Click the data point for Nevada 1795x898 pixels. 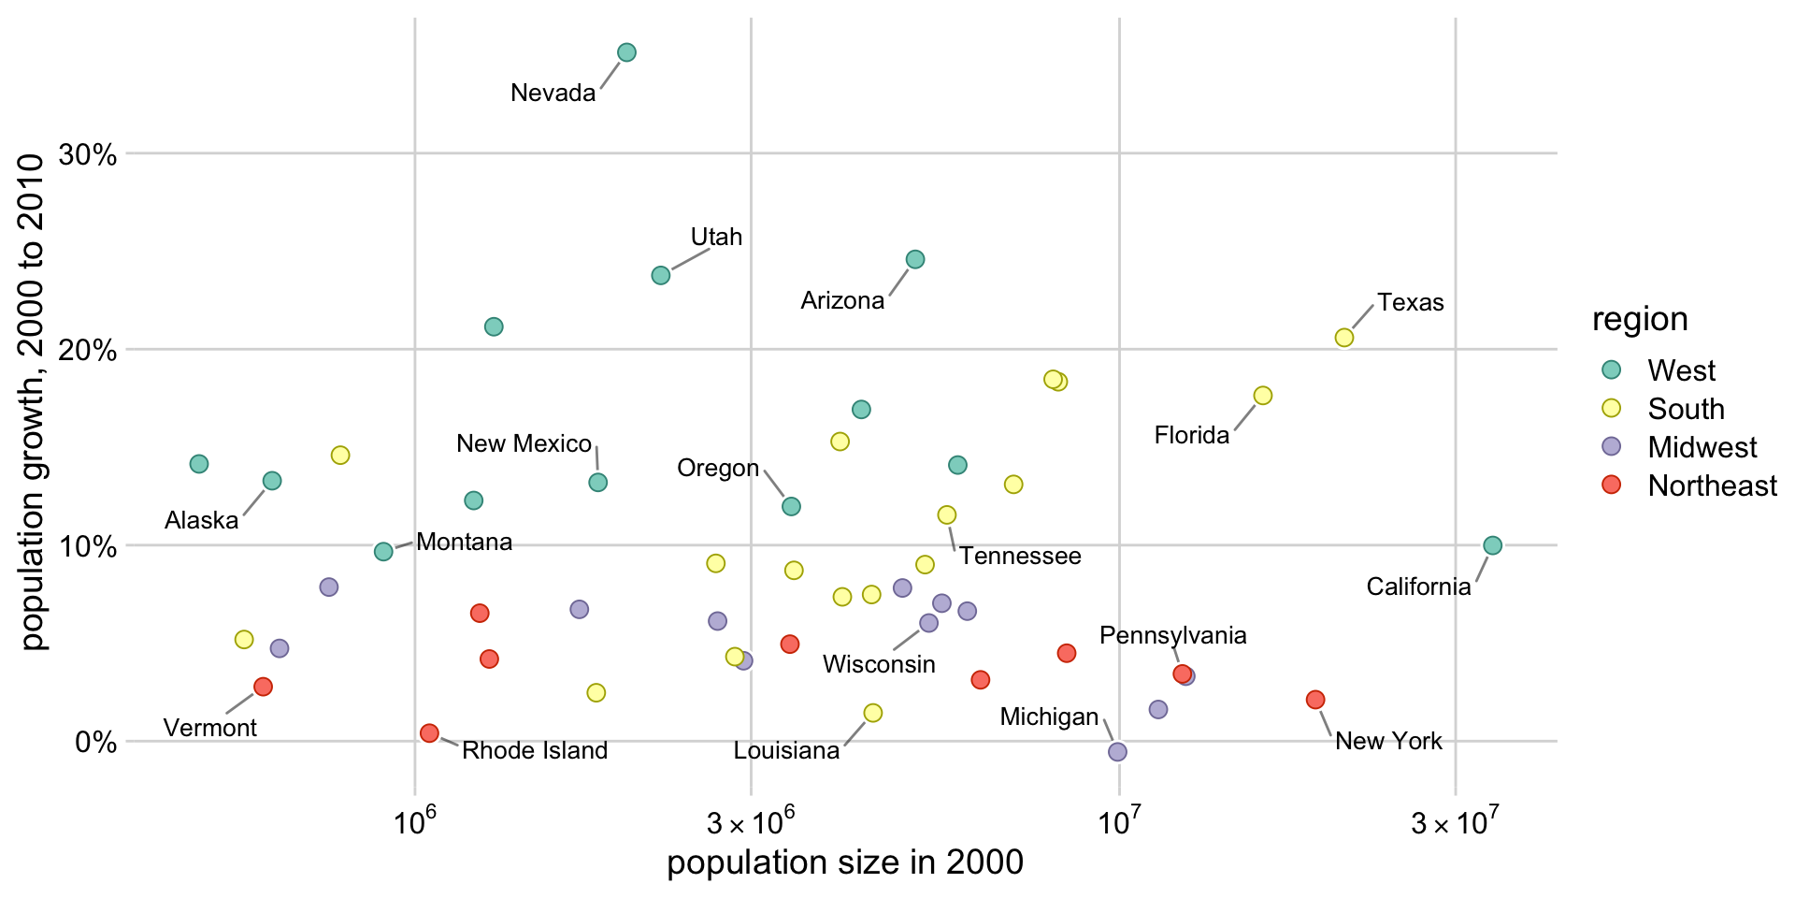[x=626, y=52]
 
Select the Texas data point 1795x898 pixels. [x=1343, y=338]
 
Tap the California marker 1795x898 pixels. [x=1492, y=545]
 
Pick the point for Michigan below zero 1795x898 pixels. [x=1116, y=752]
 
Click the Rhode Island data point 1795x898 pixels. [x=429, y=733]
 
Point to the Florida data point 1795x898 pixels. [x=1262, y=396]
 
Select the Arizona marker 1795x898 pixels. [x=915, y=259]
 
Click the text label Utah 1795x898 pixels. [x=716, y=238]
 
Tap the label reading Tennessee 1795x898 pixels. [x=1020, y=557]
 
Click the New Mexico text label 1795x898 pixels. [x=524, y=444]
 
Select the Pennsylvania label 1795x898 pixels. [x=1172, y=636]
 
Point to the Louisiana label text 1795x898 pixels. [x=786, y=751]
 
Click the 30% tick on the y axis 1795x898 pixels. [x=88, y=154]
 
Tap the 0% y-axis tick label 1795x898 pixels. [x=95, y=743]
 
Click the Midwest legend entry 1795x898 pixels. [x=1702, y=447]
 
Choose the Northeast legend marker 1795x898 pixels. [x=1611, y=485]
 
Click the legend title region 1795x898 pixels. [x=1640, y=320]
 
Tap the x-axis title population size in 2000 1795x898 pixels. [x=844, y=862]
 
